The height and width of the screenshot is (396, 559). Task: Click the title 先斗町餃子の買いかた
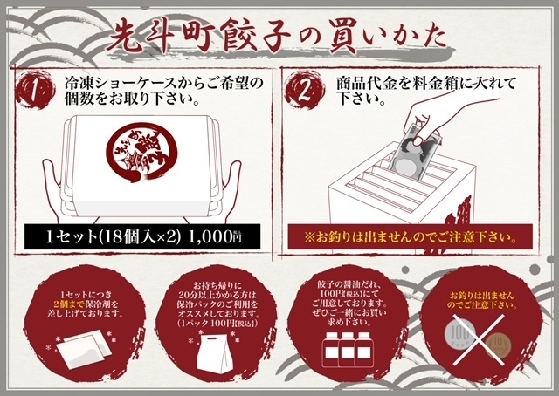coord(277,36)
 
